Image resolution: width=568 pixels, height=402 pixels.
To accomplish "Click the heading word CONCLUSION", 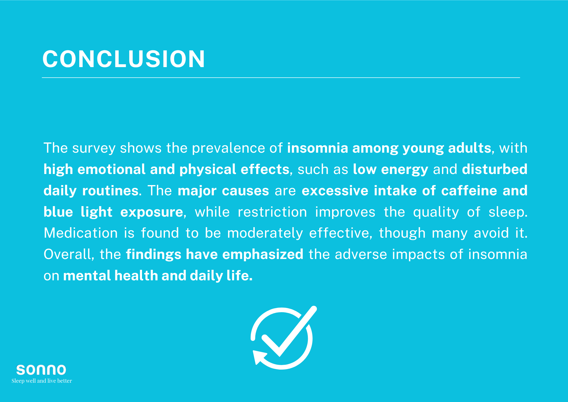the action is point(124,59).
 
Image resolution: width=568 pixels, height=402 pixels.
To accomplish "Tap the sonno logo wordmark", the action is point(41,370).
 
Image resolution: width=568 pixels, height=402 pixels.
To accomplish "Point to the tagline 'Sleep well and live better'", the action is point(42,381).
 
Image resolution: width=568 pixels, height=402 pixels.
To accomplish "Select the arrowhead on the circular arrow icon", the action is point(259,357).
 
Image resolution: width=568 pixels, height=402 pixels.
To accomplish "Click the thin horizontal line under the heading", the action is point(281,77).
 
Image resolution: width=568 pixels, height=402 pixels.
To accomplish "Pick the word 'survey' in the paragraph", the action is point(94,148).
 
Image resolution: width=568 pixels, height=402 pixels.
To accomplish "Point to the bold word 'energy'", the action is point(404,170).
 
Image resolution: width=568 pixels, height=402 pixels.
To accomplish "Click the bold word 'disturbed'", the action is point(494,169).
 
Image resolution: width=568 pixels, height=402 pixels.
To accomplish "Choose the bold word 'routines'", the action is point(110,190).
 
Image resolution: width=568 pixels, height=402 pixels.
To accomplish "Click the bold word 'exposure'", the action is point(152,212).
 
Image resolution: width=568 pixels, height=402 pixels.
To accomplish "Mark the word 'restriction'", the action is point(272,212).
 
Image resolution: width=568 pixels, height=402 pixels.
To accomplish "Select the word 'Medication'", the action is point(81,233).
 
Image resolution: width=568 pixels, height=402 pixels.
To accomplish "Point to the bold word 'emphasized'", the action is point(263,255).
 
